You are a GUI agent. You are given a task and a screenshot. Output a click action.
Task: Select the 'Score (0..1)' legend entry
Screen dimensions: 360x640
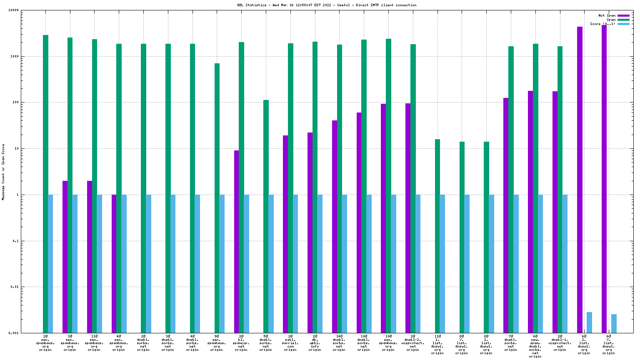[602, 24]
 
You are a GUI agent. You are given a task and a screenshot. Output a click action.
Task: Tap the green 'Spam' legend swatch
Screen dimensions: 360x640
[623, 20]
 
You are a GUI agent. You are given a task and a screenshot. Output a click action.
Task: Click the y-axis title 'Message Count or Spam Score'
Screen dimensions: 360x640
[3, 172]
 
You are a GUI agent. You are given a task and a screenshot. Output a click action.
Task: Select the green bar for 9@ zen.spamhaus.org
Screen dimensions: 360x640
[217, 198]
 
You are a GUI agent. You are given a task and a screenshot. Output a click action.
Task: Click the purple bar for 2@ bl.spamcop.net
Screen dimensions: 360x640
[236, 242]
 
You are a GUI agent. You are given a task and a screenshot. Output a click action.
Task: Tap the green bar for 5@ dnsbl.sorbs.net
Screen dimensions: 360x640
[266, 216]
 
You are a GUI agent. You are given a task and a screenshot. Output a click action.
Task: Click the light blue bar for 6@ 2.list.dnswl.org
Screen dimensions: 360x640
[589, 322]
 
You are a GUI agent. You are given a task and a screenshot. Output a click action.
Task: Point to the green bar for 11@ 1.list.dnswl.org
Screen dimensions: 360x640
[437, 236]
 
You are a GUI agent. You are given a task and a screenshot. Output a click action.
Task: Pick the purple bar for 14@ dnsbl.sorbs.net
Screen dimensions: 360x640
[335, 227]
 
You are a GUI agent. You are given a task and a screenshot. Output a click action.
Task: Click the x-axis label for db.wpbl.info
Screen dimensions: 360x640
[315, 342]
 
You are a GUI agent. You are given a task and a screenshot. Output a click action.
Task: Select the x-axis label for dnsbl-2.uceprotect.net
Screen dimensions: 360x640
[412, 342]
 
